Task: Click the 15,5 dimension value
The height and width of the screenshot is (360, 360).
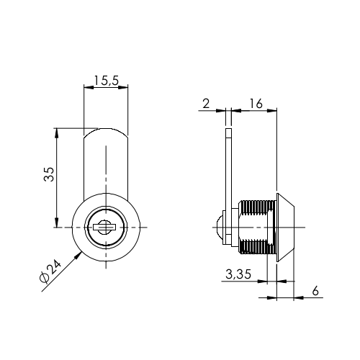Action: [106, 81]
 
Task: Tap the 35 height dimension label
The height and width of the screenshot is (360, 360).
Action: [49, 174]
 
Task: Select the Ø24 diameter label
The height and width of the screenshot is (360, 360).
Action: [50, 271]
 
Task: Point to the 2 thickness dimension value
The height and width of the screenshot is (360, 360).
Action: [206, 104]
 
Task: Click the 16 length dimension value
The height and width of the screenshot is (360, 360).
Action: [256, 104]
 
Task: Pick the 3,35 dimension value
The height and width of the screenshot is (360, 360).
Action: [238, 274]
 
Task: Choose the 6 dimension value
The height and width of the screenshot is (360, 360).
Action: [315, 291]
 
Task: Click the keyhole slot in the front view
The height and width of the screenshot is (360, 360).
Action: [104, 227]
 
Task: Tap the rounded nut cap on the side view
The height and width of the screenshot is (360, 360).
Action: [219, 227]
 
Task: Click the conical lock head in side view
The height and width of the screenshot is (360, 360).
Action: [285, 228]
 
